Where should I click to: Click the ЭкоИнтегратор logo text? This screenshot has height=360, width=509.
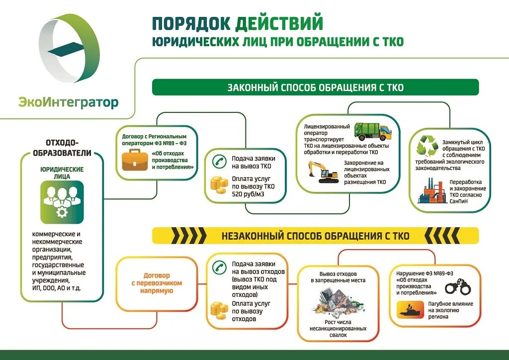(x=69, y=103)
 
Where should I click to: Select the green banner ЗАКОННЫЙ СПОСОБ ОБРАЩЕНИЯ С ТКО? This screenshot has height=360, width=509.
(x=315, y=88)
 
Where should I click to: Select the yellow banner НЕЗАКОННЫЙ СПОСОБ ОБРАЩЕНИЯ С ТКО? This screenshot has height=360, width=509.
(x=315, y=235)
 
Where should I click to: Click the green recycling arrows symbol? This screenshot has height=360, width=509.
(x=427, y=147)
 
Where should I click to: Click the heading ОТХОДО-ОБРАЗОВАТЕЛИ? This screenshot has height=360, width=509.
(x=62, y=147)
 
